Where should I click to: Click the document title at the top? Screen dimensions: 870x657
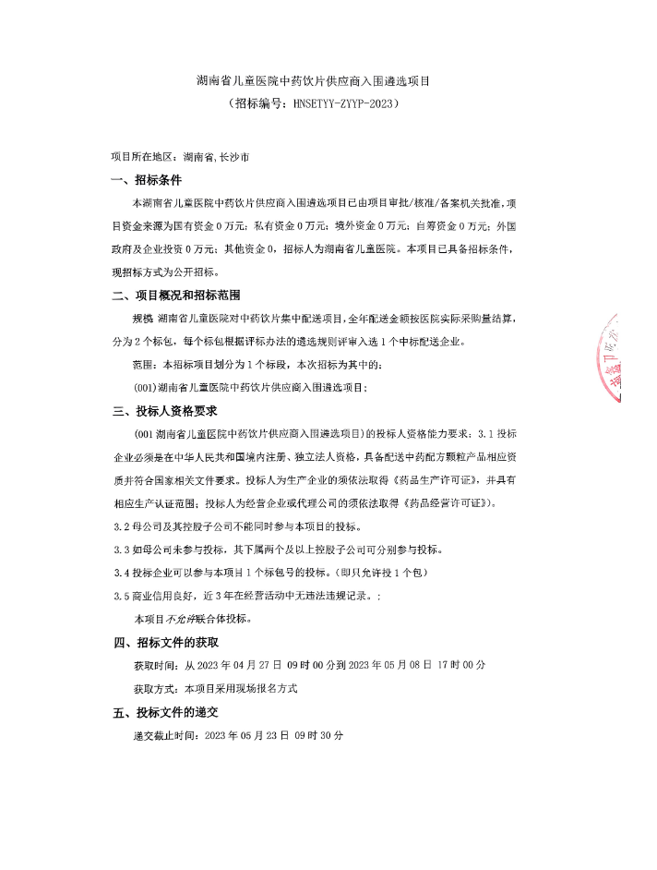point(314,81)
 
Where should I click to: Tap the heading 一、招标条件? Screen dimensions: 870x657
point(147,179)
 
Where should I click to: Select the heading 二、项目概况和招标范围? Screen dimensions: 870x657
point(175,296)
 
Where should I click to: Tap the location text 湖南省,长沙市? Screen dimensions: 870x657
point(215,157)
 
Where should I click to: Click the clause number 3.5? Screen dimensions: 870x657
point(120,596)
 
